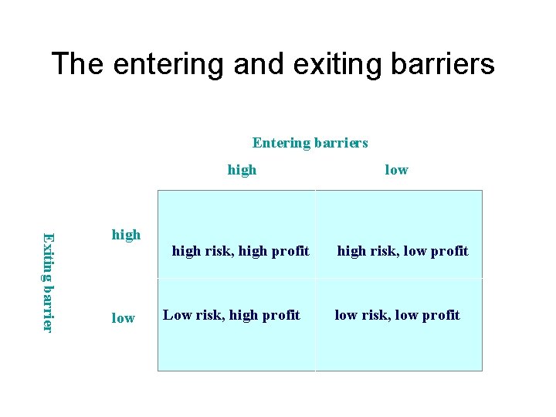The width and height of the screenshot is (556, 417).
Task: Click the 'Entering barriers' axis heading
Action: [310, 143]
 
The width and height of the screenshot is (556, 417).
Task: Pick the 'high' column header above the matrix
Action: [242, 170]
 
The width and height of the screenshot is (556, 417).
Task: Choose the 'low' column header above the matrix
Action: [396, 170]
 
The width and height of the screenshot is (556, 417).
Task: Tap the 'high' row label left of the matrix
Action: [126, 234]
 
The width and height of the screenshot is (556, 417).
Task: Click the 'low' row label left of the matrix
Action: [123, 318]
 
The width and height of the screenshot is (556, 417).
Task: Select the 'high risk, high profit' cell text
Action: [240, 251]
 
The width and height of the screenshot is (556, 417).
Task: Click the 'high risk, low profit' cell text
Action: [402, 251]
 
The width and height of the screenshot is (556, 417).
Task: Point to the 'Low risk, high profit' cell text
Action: [231, 315]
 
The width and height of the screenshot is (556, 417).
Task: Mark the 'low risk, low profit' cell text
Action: [397, 315]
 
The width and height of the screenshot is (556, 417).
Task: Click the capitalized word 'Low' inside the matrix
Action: [177, 315]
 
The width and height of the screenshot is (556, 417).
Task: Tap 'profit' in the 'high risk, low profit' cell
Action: [449, 251]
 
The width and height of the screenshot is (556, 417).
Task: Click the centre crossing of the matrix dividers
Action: [315, 279]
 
